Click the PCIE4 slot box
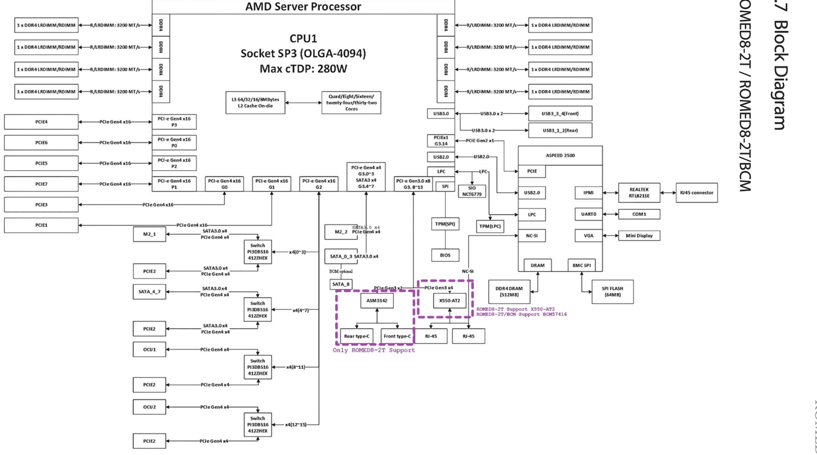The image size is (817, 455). (x=41, y=122)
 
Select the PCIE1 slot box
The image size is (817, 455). (x=41, y=225)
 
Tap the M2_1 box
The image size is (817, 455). (x=150, y=234)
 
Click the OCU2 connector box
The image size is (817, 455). (x=150, y=407)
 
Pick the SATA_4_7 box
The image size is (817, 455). (x=150, y=292)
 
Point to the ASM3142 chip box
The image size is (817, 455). (x=377, y=300)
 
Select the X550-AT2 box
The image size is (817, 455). (x=449, y=300)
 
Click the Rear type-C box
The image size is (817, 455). (x=356, y=336)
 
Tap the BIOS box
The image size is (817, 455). (x=445, y=255)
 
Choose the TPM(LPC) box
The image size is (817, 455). (x=490, y=226)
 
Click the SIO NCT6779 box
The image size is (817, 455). (x=472, y=191)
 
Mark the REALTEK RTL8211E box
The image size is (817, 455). (x=639, y=193)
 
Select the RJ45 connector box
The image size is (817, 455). (x=696, y=193)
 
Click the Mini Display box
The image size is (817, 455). (x=639, y=236)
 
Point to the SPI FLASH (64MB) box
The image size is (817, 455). (x=612, y=292)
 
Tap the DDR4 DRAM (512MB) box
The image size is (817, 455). (x=509, y=292)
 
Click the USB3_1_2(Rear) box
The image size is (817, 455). (x=560, y=130)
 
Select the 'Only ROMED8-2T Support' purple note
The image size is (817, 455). (x=374, y=350)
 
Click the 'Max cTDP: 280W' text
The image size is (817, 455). (x=303, y=68)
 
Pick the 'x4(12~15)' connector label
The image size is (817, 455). (x=296, y=425)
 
